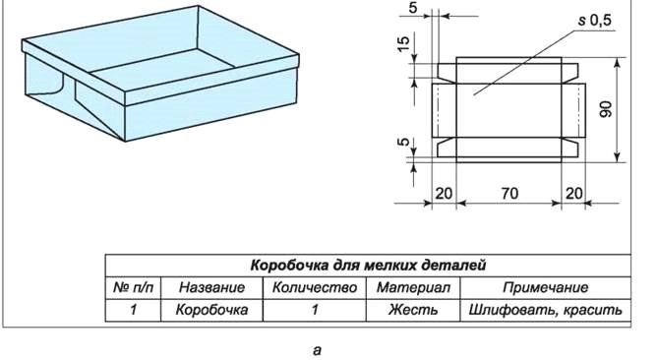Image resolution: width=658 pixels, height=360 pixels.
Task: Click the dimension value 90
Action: point(607,109)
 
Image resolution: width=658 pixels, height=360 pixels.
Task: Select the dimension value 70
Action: point(509,194)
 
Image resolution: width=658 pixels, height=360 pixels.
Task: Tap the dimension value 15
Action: point(402,43)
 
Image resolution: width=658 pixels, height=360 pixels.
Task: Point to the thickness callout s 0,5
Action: point(595,20)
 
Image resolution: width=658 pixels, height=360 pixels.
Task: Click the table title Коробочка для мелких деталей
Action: point(368,266)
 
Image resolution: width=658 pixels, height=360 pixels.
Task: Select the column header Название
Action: point(211,287)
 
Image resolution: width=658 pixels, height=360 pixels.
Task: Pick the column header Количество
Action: point(315,287)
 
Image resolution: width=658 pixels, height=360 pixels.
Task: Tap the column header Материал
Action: point(413,287)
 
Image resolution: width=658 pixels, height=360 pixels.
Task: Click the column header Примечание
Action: point(546,287)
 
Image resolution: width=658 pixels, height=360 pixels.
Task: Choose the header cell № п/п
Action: point(134,287)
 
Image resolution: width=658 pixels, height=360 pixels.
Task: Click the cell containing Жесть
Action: point(413,310)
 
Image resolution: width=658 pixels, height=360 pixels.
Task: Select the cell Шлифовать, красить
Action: point(546,310)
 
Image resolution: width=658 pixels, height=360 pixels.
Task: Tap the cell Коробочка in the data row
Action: point(211,310)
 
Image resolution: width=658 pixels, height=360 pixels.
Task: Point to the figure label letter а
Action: point(317,350)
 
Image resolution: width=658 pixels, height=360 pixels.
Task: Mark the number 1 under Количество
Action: point(315,310)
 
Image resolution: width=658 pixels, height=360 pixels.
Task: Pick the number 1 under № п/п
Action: point(134,310)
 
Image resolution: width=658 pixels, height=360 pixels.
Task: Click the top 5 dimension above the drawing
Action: point(413,8)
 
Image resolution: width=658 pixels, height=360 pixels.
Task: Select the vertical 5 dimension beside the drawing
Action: point(402,142)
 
